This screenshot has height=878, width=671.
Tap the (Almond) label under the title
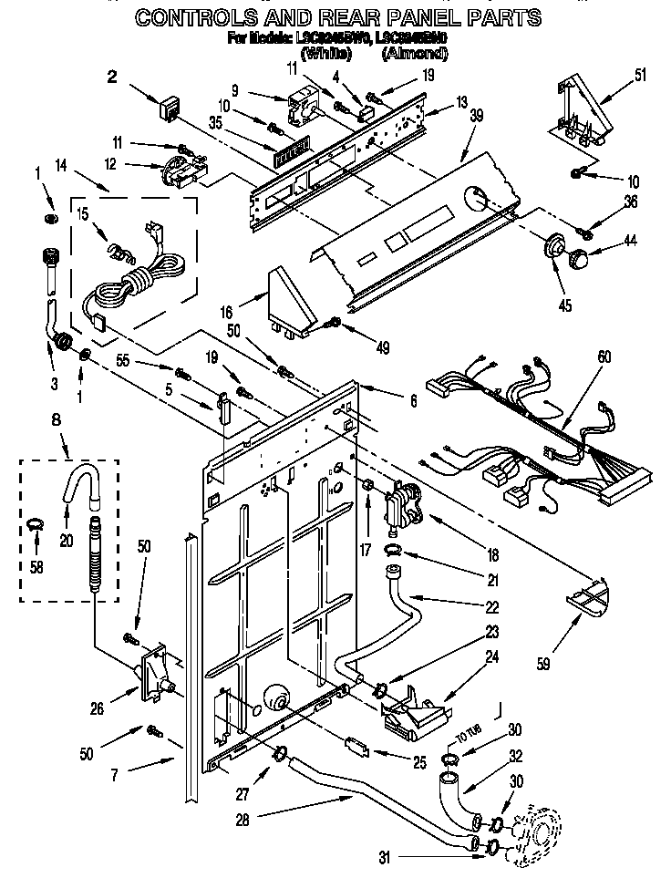click(416, 54)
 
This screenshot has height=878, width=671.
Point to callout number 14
click(61, 166)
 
